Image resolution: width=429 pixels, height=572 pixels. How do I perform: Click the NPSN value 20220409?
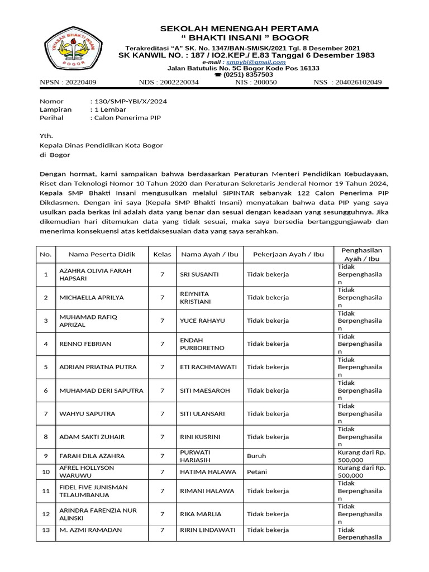[80, 83]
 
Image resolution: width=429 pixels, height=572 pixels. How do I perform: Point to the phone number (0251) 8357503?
[248, 74]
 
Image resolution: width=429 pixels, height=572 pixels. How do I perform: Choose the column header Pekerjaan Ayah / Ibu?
[288, 254]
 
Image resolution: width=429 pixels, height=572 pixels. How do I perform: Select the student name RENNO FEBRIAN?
[85, 344]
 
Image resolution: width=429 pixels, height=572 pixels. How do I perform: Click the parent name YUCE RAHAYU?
[199, 321]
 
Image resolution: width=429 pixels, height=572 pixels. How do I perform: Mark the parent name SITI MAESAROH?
[204, 390]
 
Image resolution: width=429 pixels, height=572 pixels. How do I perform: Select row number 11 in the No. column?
[46, 491]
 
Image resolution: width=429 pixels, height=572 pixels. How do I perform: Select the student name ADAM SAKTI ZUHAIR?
[92, 437]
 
